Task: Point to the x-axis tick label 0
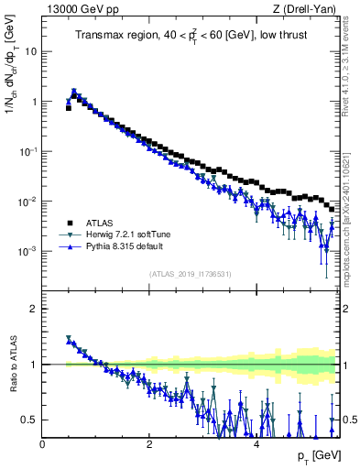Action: coord(43,444)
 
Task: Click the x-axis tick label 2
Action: coord(149,444)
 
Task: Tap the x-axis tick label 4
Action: coord(256,444)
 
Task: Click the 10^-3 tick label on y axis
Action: coord(28,251)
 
